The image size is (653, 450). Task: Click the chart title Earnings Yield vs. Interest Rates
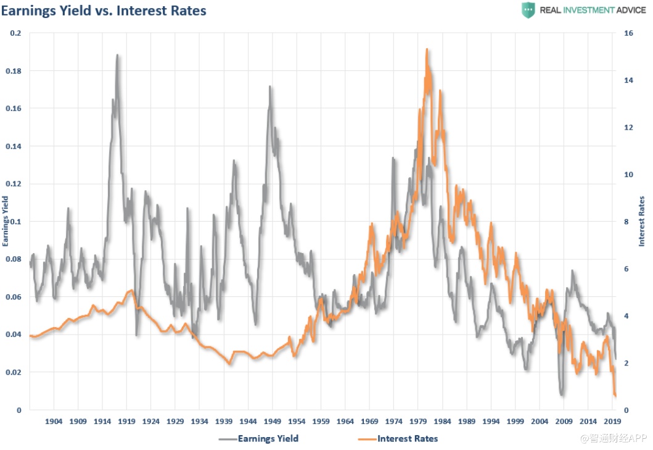[x=104, y=10]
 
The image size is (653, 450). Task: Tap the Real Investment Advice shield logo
[x=528, y=10]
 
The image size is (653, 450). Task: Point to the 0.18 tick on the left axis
[x=13, y=71]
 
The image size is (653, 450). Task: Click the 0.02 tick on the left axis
[x=13, y=372]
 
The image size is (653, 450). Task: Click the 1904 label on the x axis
[x=54, y=422]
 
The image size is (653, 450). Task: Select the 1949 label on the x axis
[x=273, y=422]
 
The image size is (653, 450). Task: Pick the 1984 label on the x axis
[x=443, y=422]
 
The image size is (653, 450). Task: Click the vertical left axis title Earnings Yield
[x=6, y=221]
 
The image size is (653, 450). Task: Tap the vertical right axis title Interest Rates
[x=642, y=221]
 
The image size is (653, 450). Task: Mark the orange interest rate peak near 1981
[x=427, y=50]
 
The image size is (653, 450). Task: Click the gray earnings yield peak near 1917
[x=117, y=56]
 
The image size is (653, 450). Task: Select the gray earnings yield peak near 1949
[x=269, y=87]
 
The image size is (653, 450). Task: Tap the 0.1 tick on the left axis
[x=15, y=222]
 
